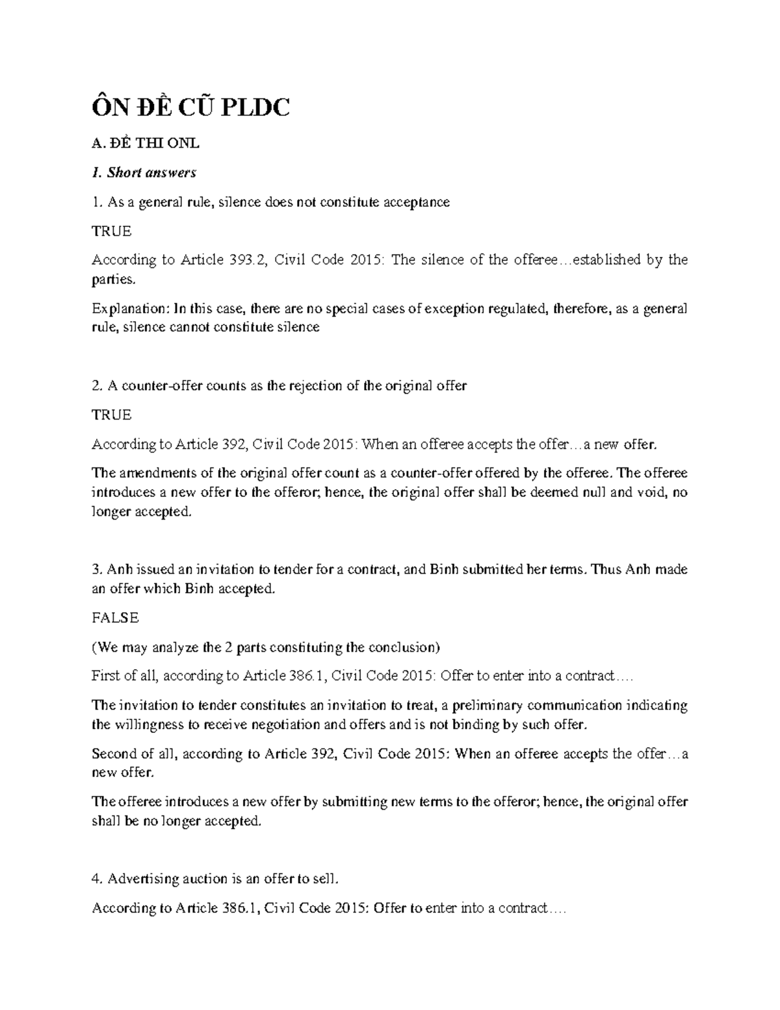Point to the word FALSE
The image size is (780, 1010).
pyautogui.click(x=115, y=618)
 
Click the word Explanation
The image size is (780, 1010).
pyautogui.click(x=130, y=308)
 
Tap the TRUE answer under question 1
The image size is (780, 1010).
pyautogui.click(x=111, y=231)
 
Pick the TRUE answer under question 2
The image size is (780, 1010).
pyautogui.click(x=111, y=414)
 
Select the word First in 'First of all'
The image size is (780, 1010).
pyautogui.click(x=106, y=676)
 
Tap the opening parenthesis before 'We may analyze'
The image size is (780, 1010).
pyautogui.click(x=94, y=648)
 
